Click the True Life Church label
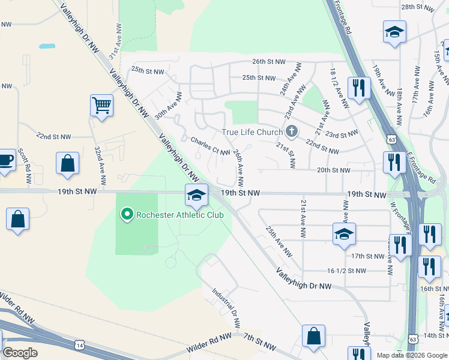click(x=252, y=132)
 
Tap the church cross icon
click(x=292, y=131)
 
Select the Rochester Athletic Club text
click(x=179, y=214)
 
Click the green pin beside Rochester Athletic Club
click(x=127, y=214)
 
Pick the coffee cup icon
click(x=6, y=160)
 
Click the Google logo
click(x=20, y=352)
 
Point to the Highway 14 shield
click(x=80, y=344)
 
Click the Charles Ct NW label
click(x=210, y=146)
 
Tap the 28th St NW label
click(x=417, y=7)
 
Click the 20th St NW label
click(x=333, y=170)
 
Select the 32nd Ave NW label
click(x=100, y=164)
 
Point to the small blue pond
click(x=47, y=46)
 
